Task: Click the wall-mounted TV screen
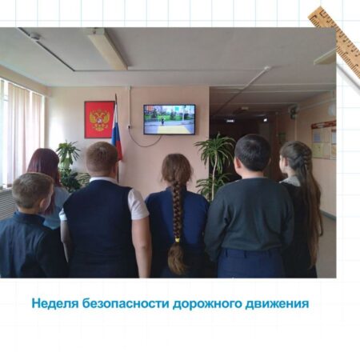click(170, 119)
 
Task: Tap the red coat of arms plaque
click(99, 119)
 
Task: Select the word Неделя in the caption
click(55, 304)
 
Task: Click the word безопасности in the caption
click(126, 304)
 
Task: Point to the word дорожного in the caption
click(207, 304)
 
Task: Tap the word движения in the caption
click(277, 304)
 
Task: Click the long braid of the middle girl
click(176, 226)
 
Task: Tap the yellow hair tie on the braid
click(177, 240)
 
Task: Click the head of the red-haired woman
click(44, 162)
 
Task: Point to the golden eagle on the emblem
click(99, 120)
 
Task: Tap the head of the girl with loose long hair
click(293, 158)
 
